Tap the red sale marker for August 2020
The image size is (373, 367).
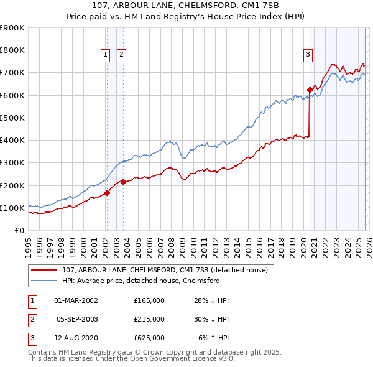(x=310, y=90)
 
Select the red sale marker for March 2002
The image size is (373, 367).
(x=107, y=193)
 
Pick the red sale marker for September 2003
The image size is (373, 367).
(x=123, y=182)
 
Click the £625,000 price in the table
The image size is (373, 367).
(x=149, y=338)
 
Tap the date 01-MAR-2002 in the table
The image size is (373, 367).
(x=76, y=300)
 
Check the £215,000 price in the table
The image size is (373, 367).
(x=149, y=319)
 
